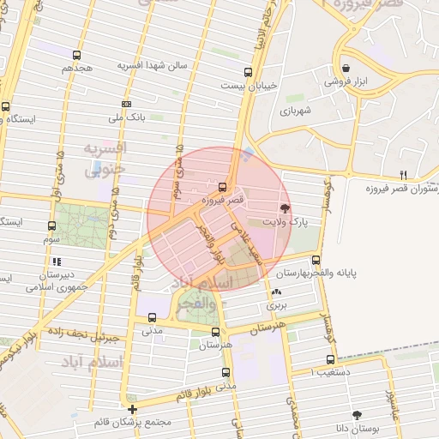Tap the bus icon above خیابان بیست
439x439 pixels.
click(248, 72)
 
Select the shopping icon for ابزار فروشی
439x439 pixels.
click(345, 69)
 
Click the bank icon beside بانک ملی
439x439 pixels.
click(126, 103)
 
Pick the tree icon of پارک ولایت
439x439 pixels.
click(285, 207)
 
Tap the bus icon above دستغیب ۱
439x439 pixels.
click(330, 360)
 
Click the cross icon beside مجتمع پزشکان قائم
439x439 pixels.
click(132, 409)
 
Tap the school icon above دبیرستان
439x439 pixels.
click(57, 262)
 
